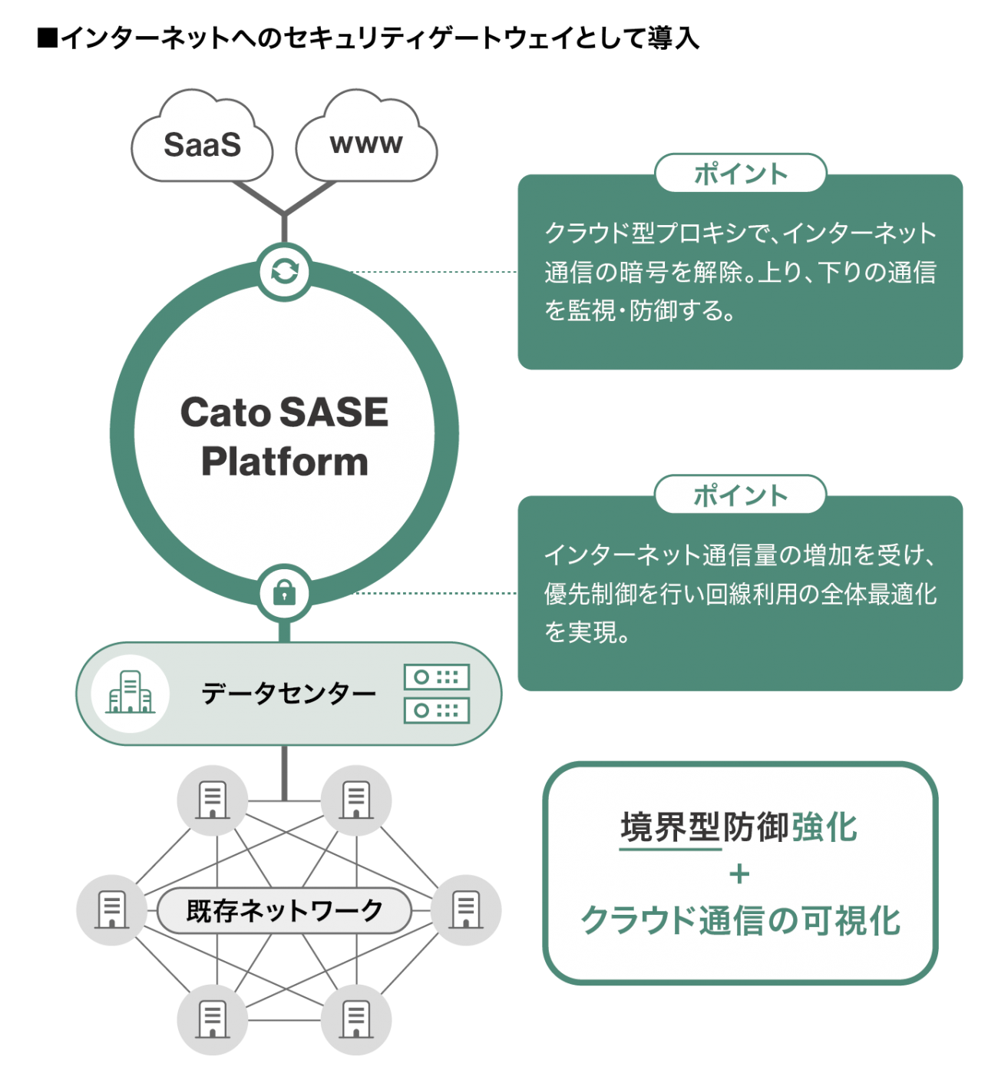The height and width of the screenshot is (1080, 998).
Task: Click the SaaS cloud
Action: click(x=202, y=145)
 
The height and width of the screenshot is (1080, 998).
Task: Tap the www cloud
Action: click(x=366, y=142)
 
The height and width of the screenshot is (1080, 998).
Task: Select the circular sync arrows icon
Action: click(x=284, y=271)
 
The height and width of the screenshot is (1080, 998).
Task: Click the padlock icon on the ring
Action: click(x=284, y=593)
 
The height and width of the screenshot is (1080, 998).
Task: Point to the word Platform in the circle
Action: click(x=284, y=462)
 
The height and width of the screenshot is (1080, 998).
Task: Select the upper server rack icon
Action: click(x=436, y=677)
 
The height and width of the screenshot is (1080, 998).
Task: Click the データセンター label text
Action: click(x=288, y=694)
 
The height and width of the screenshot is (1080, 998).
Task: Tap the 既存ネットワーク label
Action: click(x=284, y=911)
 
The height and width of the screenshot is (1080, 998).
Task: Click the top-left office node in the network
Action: click(x=213, y=800)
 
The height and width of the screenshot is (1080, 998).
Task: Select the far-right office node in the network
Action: click(x=466, y=910)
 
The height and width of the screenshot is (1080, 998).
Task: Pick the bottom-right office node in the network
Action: click(x=355, y=1020)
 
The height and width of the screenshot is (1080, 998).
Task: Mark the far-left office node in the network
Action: click(x=112, y=910)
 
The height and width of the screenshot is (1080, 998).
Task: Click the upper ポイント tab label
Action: click(x=740, y=174)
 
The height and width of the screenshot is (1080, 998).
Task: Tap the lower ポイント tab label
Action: click(x=740, y=495)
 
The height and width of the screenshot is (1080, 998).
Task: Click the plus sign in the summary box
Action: click(x=740, y=874)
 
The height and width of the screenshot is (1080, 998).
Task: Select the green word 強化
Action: click(x=825, y=827)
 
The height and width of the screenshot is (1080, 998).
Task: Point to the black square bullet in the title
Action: click(x=48, y=37)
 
